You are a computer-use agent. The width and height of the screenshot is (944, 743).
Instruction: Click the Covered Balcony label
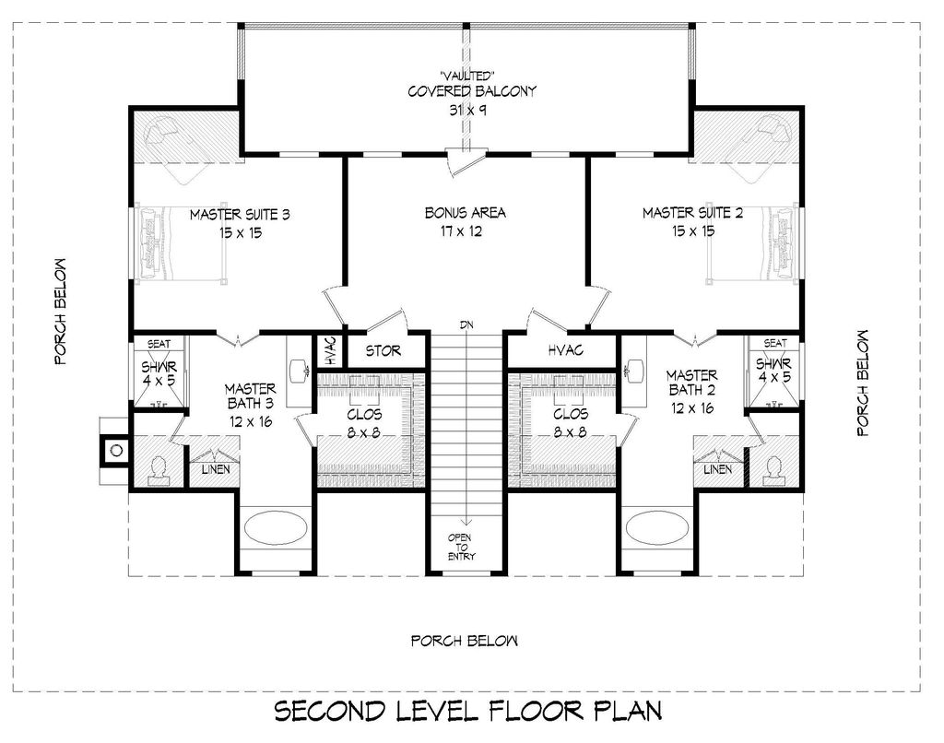click(x=471, y=91)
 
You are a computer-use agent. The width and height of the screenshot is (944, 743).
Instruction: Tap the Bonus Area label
click(x=465, y=213)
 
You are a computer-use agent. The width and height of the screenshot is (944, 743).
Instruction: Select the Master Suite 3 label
click(x=241, y=215)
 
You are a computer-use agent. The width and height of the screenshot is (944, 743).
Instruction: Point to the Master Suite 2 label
click(x=692, y=213)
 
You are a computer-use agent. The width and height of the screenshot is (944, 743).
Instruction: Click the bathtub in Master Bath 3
click(x=275, y=528)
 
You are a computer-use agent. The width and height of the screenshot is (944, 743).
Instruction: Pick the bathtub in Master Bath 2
click(x=656, y=528)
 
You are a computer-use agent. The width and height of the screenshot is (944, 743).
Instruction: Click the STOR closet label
click(x=383, y=350)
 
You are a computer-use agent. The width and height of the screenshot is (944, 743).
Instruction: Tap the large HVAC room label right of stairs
click(x=565, y=349)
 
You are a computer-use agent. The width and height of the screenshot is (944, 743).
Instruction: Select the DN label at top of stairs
click(x=466, y=325)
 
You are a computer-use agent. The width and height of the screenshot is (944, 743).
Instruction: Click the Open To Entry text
click(x=460, y=547)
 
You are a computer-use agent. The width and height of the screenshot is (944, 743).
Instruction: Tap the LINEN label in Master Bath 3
click(x=215, y=469)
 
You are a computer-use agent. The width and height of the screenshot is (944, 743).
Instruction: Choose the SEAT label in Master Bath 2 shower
click(x=774, y=343)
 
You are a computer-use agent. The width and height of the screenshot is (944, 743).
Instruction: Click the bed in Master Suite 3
click(x=182, y=244)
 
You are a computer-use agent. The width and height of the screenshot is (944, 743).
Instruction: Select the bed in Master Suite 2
click(x=752, y=244)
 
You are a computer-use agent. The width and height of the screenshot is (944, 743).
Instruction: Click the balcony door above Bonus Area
click(x=466, y=162)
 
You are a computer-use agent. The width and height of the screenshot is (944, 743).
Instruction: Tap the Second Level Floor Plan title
click(x=468, y=711)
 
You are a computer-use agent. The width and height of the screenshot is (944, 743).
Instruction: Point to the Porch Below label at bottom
click(x=465, y=641)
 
